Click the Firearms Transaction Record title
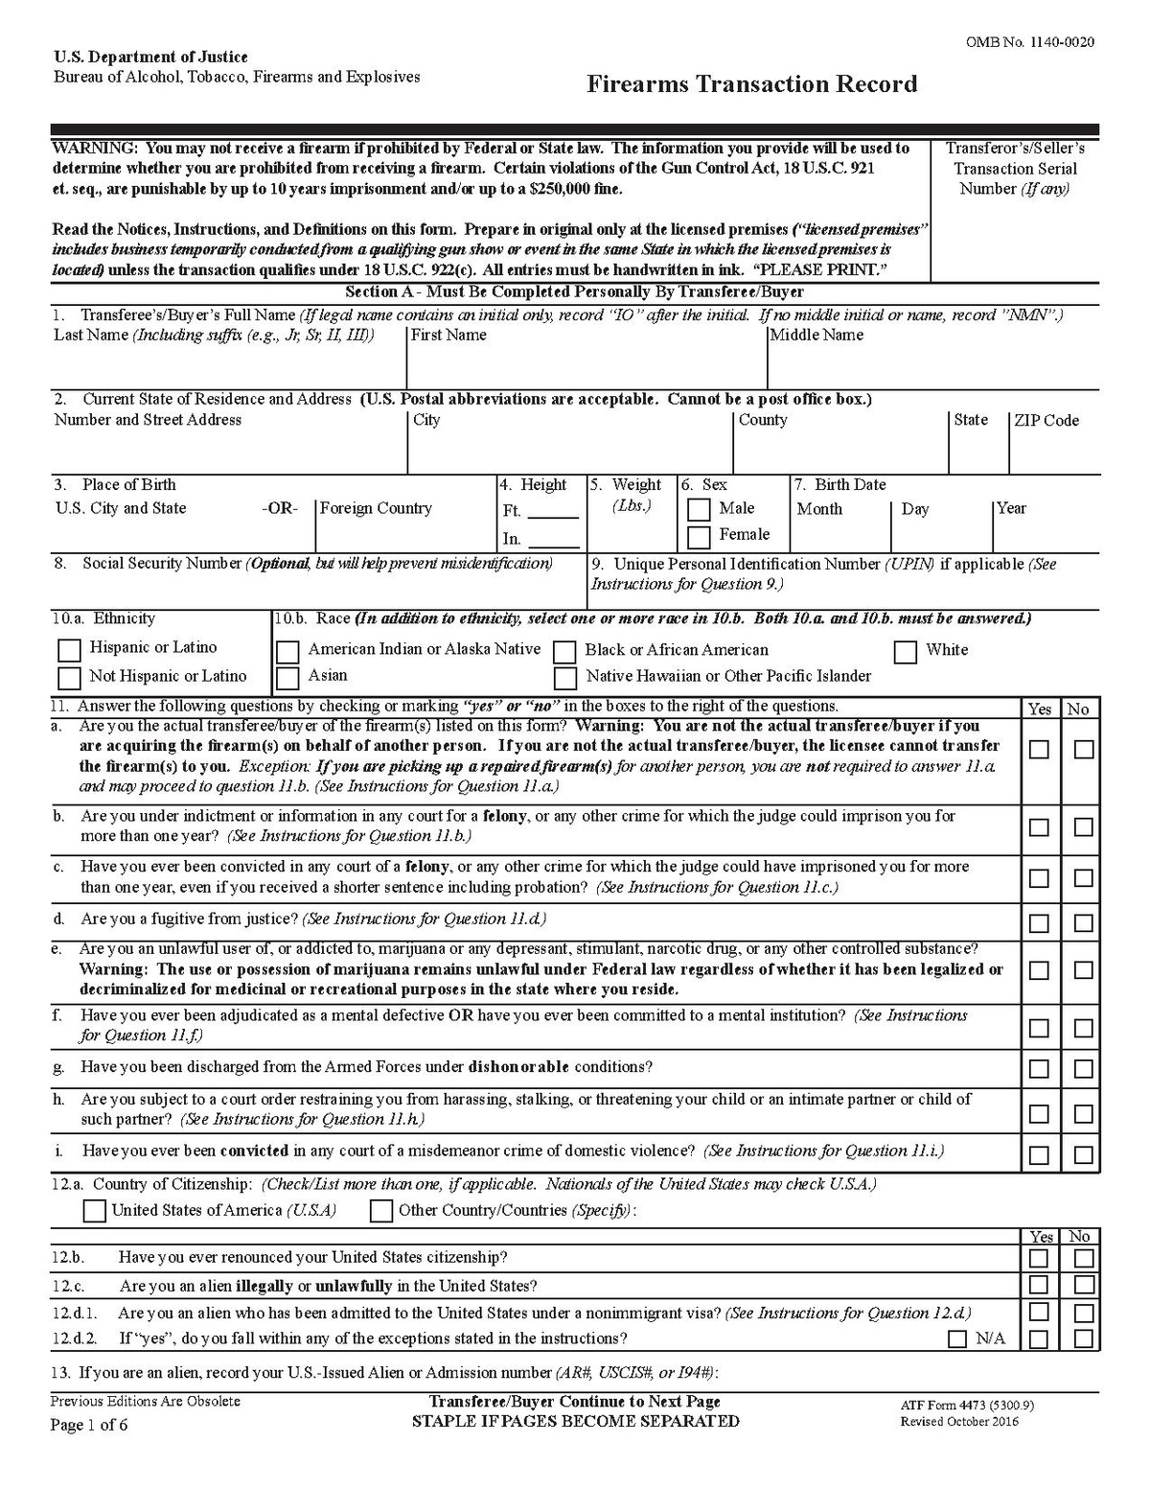pyautogui.click(x=751, y=84)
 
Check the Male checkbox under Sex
pyautogui.click(x=700, y=509)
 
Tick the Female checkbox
pyautogui.click(x=700, y=536)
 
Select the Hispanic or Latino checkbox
pyautogui.click(x=69, y=650)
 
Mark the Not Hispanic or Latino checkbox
pyautogui.click(x=69, y=678)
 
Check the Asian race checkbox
pyautogui.click(x=287, y=678)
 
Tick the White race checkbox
pyautogui.click(x=906, y=652)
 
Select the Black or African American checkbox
pyautogui.click(x=565, y=652)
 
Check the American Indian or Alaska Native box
pyautogui.click(x=287, y=652)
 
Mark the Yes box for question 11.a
pyautogui.click(x=1040, y=750)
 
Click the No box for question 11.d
pyautogui.click(x=1084, y=923)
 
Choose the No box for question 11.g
pyautogui.click(x=1084, y=1069)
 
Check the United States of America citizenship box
pyautogui.click(x=94, y=1211)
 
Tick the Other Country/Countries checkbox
pyautogui.click(x=381, y=1211)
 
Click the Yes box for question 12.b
pyautogui.click(x=1039, y=1258)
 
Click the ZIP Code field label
pyautogui.click(x=1046, y=421)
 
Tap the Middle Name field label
pyautogui.click(x=816, y=336)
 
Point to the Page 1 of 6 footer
pyautogui.click(x=89, y=1425)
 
